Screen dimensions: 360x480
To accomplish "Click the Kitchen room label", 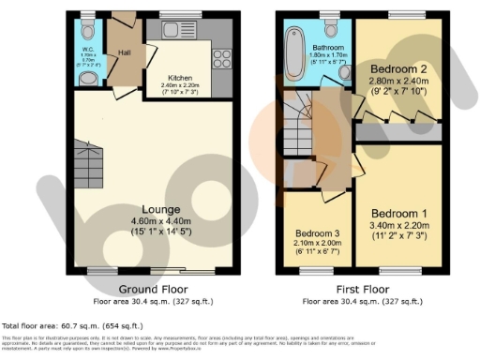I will tap(180, 77).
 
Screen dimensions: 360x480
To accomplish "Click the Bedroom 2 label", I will tap(398, 69).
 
